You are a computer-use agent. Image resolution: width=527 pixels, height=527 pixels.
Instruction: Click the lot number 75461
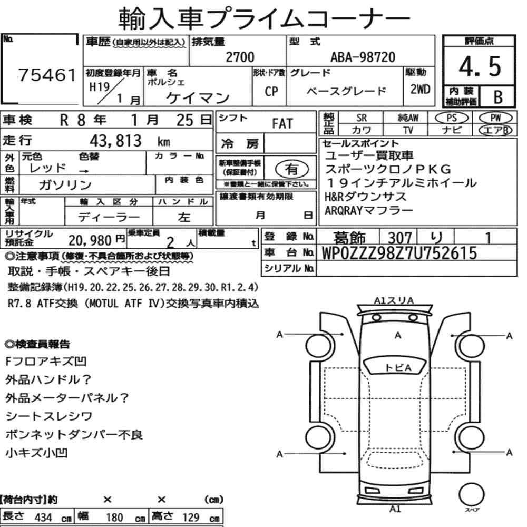pos(47,75)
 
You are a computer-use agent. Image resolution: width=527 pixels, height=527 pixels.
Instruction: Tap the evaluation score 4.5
pos(480,66)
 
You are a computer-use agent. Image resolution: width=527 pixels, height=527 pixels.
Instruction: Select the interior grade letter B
pos(498,97)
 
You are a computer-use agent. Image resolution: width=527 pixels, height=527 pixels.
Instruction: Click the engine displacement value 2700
pos(240,57)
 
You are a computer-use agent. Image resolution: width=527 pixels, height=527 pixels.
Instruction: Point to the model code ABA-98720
pos(363,57)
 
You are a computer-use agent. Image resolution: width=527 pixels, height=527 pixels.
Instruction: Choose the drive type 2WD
pos(420,90)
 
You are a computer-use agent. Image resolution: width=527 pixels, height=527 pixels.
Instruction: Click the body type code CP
pos(271,91)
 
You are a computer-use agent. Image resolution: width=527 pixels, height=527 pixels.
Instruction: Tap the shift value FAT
pos(282,124)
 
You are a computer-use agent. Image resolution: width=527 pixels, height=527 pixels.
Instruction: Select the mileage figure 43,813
pos(115,141)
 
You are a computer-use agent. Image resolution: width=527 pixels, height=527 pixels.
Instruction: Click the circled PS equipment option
pos(452,118)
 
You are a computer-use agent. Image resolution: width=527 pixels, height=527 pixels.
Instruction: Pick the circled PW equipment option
pos(495,118)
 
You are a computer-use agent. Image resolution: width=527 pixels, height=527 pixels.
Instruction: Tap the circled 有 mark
pos(292,169)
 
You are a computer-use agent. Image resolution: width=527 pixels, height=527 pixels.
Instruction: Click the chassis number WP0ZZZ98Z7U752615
pos(399,253)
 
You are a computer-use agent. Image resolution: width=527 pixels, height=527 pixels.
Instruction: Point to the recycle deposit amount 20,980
pos(90,240)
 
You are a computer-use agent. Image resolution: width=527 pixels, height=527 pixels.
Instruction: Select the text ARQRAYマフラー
pos(369,211)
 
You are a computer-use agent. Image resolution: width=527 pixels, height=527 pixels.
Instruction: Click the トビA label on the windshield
pos(398,368)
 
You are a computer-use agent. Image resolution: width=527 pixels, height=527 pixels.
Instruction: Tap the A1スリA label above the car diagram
pos(394,300)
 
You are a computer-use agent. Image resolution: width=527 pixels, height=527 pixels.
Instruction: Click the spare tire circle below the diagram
pos(472,495)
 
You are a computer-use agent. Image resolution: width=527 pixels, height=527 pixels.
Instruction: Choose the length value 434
pos(43,518)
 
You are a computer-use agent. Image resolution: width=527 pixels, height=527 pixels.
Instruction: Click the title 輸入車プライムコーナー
pos(264,19)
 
